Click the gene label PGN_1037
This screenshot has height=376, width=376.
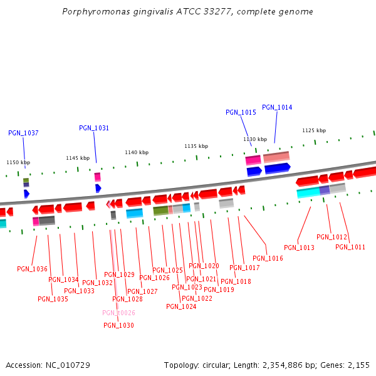click(23, 133)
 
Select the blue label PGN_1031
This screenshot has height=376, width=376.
click(94, 128)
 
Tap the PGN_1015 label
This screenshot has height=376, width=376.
click(241, 112)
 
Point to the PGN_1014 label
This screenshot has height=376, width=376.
click(277, 107)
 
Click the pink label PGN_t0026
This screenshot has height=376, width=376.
click(118, 313)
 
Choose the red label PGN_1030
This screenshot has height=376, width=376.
click(118, 325)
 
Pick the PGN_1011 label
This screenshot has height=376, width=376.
click(350, 247)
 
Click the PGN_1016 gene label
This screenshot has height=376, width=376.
click(268, 258)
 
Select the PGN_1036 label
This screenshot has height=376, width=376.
click(32, 269)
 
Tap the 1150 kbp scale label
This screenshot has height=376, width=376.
click(18, 162)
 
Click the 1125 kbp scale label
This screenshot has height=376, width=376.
click(314, 130)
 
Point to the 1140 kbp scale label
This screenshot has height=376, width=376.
click(137, 152)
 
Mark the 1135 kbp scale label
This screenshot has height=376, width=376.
click(196, 146)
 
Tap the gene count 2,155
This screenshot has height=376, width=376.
click(358, 365)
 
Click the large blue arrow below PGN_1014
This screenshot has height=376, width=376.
click(277, 168)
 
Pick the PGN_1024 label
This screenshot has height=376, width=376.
click(181, 306)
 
